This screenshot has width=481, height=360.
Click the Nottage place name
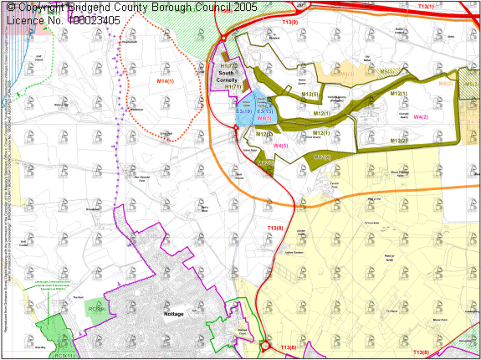[x=168, y=314]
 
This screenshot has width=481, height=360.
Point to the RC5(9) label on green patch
[x=97, y=309]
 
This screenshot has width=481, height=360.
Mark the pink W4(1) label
[x=264, y=119]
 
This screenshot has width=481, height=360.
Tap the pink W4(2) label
[x=421, y=117]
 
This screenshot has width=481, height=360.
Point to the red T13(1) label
[x=425, y=7]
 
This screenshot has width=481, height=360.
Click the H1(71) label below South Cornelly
[x=233, y=86]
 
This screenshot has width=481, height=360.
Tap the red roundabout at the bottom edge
[x=264, y=346]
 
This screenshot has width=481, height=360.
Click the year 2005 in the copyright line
[x=243, y=7]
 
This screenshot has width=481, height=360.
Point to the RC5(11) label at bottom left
[x=64, y=356]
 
